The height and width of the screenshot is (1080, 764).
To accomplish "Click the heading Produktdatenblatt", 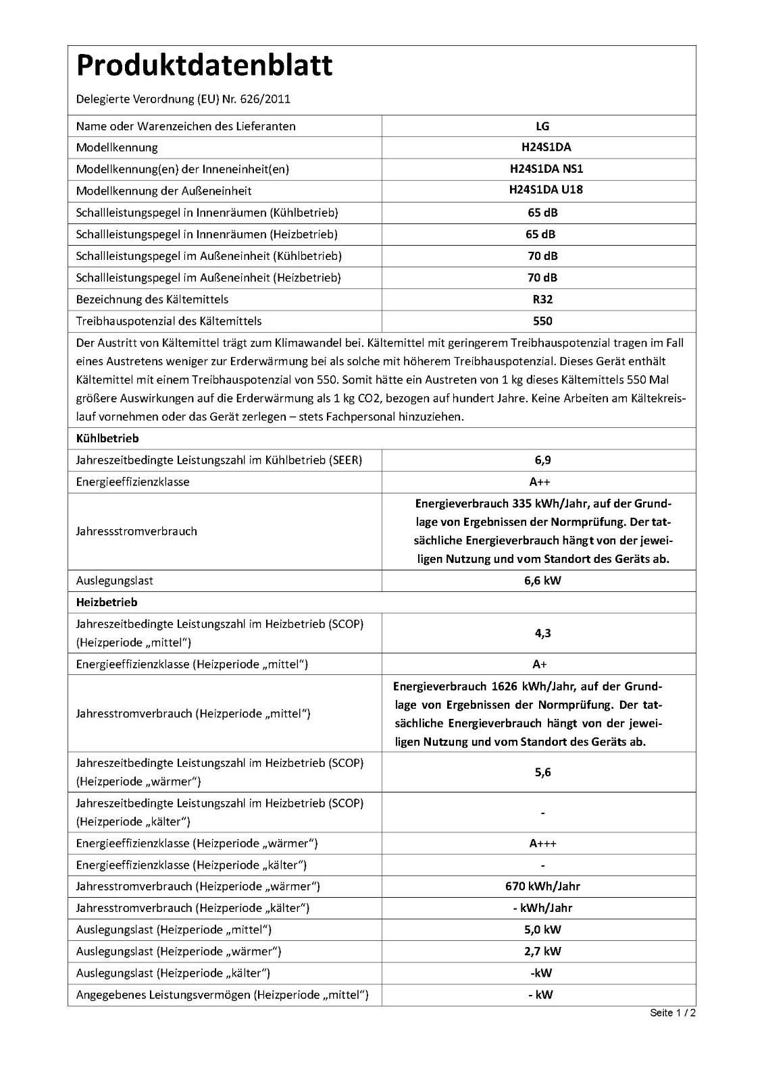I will (204, 66).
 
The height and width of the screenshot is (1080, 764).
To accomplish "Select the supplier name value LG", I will (542, 126).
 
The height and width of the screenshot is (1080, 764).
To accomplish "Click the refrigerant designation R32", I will (542, 299).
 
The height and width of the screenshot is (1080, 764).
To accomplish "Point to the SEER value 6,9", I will (542, 460).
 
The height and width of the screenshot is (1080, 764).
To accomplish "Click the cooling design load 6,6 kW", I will (542, 580).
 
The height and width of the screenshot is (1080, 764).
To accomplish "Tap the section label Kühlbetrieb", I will (107, 439).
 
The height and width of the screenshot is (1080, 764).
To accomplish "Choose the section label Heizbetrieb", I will (107, 602).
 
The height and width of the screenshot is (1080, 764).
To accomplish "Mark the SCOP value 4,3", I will (542, 633).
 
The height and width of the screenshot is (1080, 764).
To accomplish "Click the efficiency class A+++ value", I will (543, 844).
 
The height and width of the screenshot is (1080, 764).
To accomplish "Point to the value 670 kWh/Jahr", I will (542, 886).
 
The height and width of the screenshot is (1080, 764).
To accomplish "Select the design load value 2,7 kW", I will (542, 951).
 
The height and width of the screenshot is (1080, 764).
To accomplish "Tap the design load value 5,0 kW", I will (542, 929).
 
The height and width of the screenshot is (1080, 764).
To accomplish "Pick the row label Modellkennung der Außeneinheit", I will (163, 191).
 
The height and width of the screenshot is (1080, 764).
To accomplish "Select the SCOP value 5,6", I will (542, 772).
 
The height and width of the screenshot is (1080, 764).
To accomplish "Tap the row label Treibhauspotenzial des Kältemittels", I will (169, 321).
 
